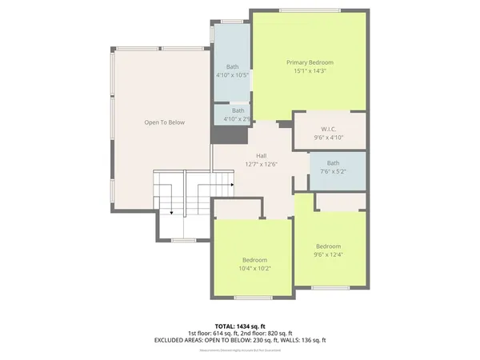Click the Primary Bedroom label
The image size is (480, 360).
(x=310, y=62)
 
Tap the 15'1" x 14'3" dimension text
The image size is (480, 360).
(x=310, y=70)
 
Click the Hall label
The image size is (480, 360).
(x=261, y=156)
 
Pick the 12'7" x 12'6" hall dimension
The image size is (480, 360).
(x=261, y=164)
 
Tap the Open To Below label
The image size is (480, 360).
(x=164, y=122)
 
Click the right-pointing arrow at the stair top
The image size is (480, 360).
(x=231, y=185)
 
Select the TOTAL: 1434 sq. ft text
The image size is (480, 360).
(x=240, y=326)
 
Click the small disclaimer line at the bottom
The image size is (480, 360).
(x=240, y=348)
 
